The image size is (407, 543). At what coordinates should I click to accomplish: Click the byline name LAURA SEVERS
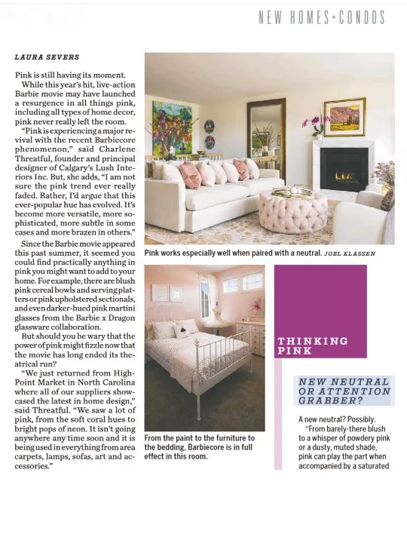pyautogui.click(x=47, y=57)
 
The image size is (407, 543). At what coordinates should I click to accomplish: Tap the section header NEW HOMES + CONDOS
pyautogui.click(x=321, y=17)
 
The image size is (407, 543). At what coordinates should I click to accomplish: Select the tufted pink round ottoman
pyautogui.click(x=293, y=212)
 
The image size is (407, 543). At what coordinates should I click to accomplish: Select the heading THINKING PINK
pyautogui.click(x=313, y=345)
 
